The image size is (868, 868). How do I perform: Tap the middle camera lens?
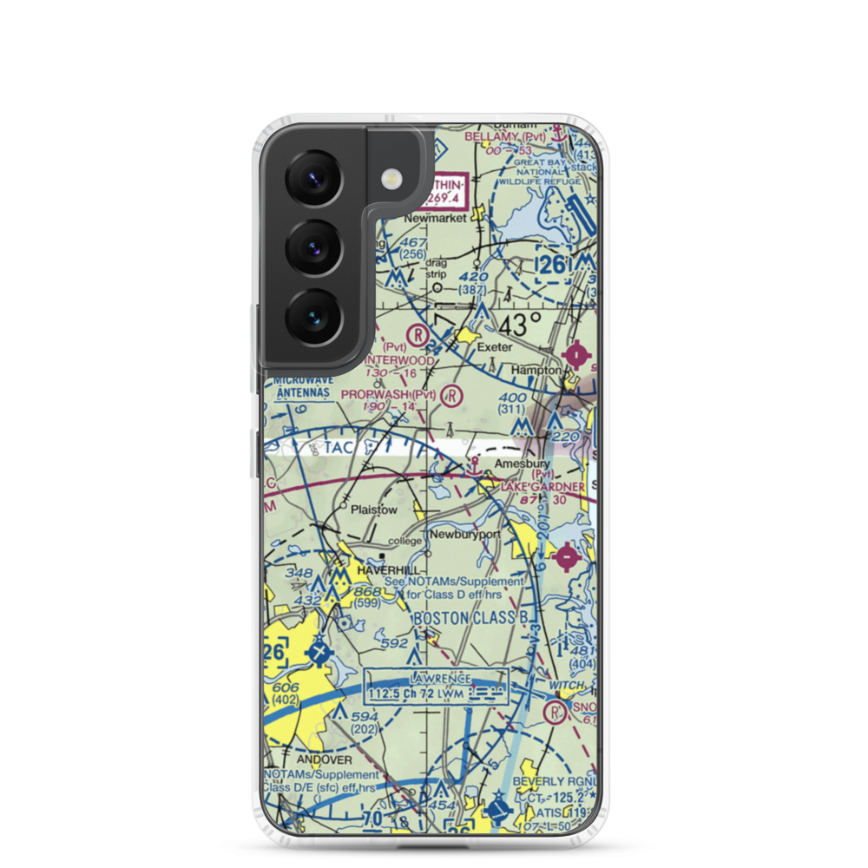click(x=314, y=247)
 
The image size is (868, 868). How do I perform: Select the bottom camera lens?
click(x=314, y=317)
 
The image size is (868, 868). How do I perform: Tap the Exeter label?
click(x=495, y=347)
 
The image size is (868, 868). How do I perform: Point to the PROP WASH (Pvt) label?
click(x=389, y=394)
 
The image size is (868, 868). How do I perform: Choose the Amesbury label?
click(x=524, y=464)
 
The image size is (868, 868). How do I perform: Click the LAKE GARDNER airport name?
click(x=542, y=488)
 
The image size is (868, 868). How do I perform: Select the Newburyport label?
click(x=467, y=535)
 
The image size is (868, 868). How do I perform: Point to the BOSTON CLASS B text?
click(x=470, y=618)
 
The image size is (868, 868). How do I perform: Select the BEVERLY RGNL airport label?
click(x=556, y=781)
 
